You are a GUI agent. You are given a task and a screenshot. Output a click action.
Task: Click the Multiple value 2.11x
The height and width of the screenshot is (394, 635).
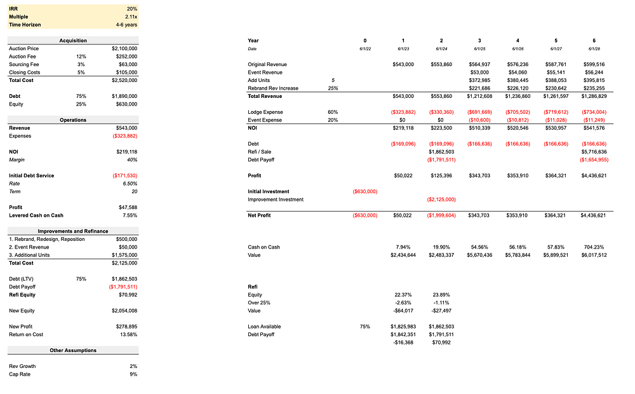[131, 17]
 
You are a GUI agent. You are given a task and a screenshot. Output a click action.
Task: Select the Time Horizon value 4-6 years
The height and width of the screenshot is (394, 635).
[126, 25]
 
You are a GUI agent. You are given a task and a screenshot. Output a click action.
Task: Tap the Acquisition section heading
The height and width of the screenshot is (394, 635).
[73, 41]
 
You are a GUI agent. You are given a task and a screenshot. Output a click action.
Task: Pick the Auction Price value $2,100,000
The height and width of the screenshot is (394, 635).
[124, 48]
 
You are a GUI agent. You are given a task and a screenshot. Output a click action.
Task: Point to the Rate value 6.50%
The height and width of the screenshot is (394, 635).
[129, 184]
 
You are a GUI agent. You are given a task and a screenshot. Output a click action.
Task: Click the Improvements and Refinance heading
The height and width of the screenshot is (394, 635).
[73, 231]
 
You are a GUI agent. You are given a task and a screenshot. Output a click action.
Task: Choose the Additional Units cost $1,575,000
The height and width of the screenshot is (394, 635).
[124, 255]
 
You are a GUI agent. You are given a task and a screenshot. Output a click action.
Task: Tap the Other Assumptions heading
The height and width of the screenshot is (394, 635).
[73, 350]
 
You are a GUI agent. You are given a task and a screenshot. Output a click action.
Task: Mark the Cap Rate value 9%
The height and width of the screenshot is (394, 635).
[133, 374]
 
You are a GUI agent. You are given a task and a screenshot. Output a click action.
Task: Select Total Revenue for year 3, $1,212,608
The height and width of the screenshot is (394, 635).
[479, 96]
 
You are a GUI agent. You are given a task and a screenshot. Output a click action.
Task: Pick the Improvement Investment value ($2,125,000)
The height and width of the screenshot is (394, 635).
[441, 200]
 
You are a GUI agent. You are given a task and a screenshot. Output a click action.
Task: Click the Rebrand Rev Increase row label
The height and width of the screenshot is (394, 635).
[273, 88]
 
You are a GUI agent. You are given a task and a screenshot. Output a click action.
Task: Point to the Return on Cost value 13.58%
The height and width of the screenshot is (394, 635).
[128, 334]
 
